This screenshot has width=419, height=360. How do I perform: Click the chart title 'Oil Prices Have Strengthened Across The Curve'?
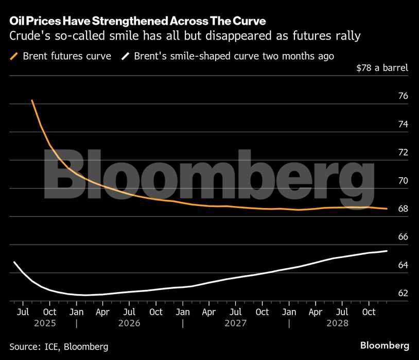pyautogui.click(x=137, y=22)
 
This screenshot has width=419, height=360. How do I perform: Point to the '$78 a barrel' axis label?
pyautogui.click(x=382, y=68)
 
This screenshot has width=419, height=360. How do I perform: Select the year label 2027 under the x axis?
pyautogui.click(x=235, y=323)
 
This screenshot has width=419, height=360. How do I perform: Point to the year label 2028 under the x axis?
pyautogui.click(x=338, y=323)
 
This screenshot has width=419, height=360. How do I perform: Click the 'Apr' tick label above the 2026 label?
pyautogui.click(x=102, y=312)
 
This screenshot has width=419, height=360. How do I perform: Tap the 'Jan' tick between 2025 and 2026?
pyautogui.click(x=76, y=312)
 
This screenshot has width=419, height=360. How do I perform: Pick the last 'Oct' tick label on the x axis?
pyautogui.click(x=369, y=312)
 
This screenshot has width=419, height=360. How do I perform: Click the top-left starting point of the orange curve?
pyautogui.click(x=32, y=100)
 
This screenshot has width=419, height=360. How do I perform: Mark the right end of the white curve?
pyautogui.click(x=387, y=251)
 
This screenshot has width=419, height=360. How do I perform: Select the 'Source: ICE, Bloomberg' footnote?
pyautogui.click(x=59, y=347)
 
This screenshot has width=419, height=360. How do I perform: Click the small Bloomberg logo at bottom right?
pyautogui.click(x=385, y=345)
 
